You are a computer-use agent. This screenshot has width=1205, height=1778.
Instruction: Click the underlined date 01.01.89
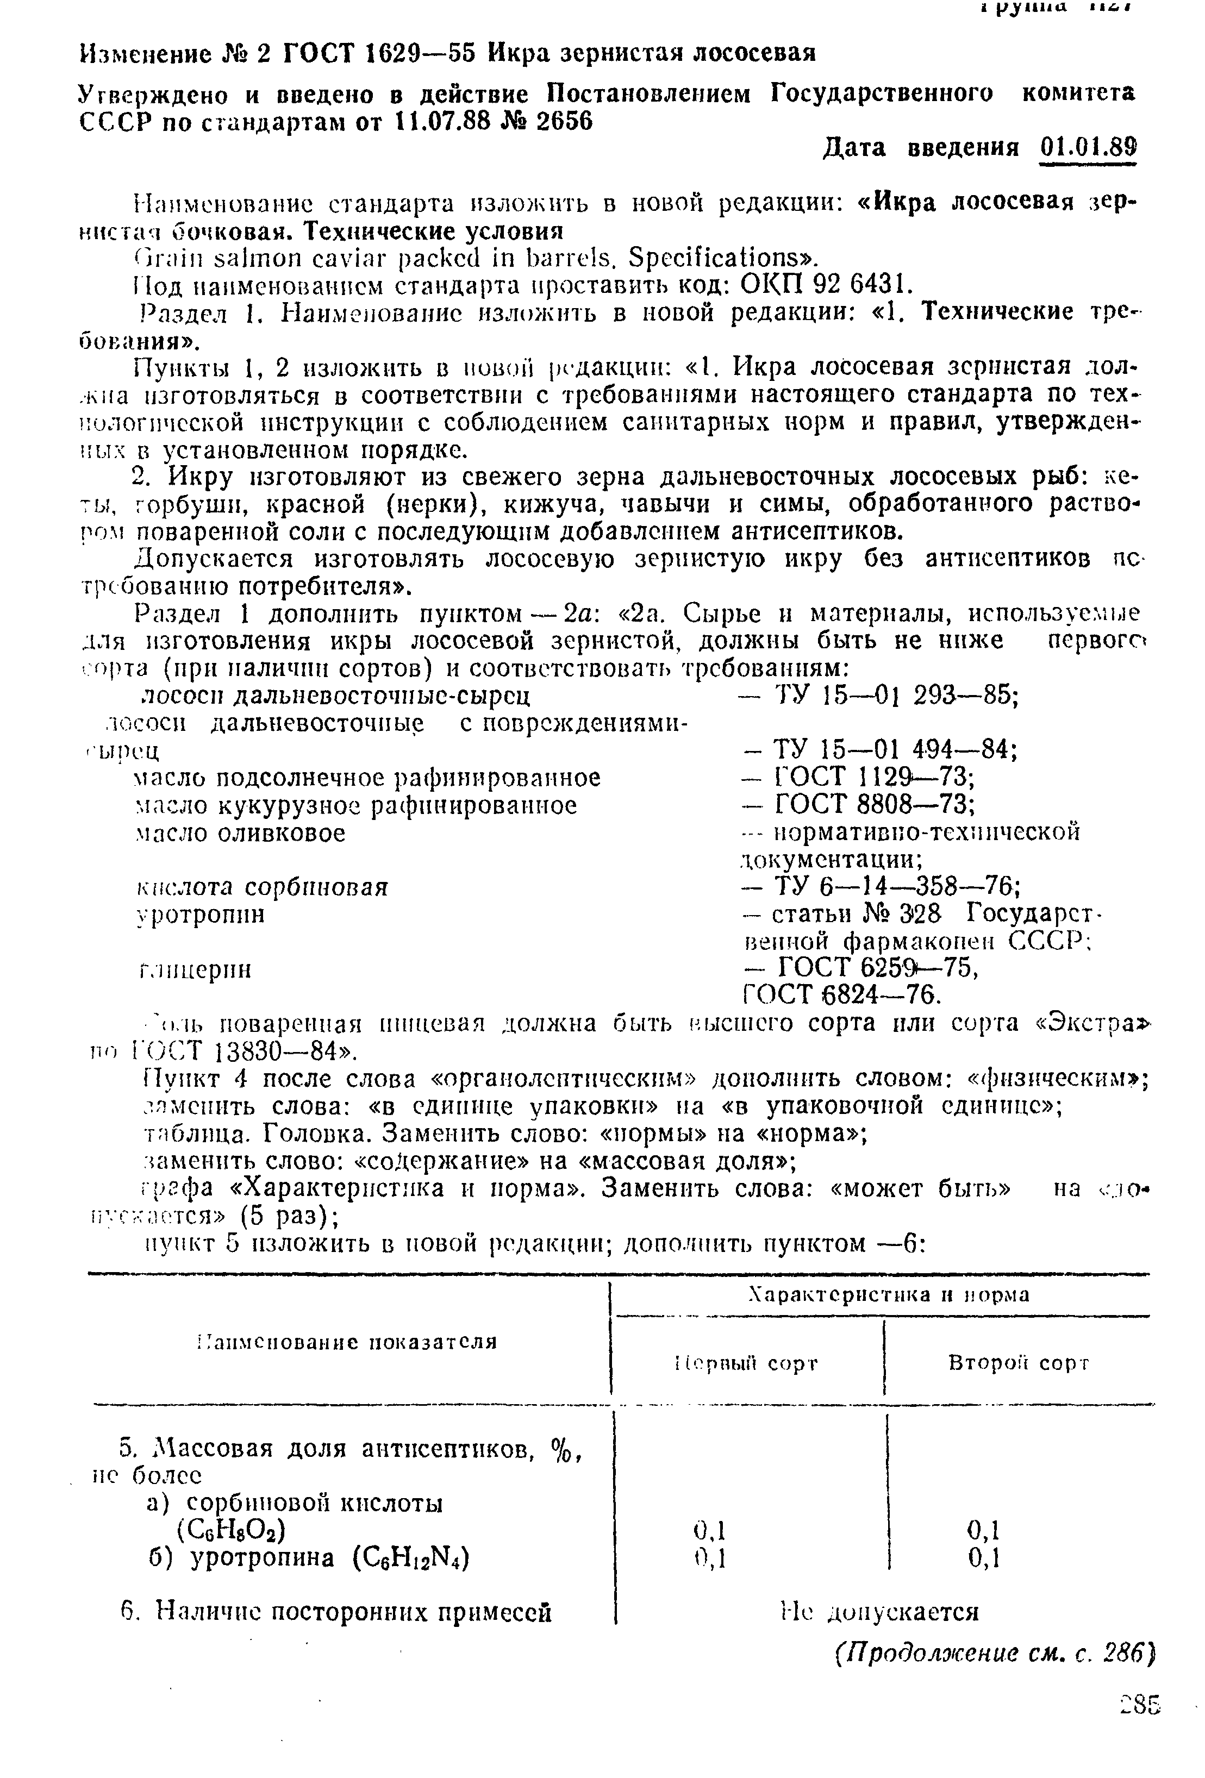click(1089, 146)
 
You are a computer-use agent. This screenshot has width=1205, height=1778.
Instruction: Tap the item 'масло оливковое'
click(240, 832)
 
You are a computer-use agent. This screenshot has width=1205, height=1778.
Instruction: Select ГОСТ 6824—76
click(841, 996)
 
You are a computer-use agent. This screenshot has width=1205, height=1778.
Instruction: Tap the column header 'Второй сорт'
click(1017, 1363)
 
